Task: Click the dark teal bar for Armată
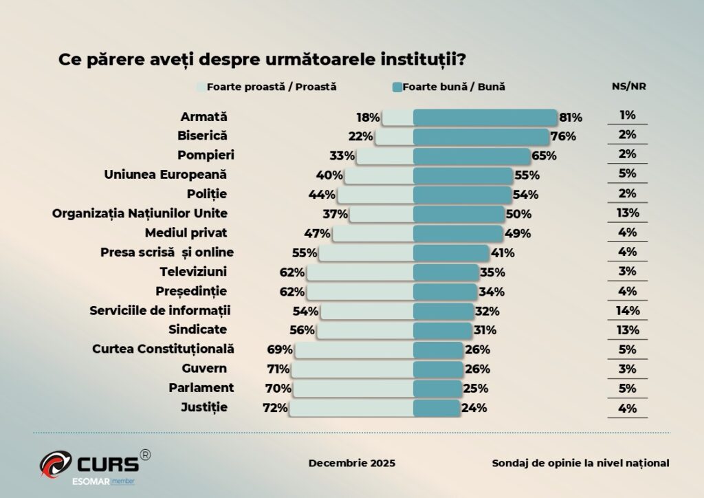coord(485,118)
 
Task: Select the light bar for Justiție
coord(351,408)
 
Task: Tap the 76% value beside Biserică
coord(563,136)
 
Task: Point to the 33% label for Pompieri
coord(342,155)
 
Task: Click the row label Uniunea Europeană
coord(165,174)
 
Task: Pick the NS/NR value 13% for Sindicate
coord(627,329)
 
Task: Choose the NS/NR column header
coord(628,87)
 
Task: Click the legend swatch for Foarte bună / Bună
coord(397,87)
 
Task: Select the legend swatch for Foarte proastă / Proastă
coord(201,87)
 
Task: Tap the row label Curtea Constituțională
coord(164,349)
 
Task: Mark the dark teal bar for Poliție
coord(462,195)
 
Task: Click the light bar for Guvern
coord(353,369)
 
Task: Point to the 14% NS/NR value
coord(627,310)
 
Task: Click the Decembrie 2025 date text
coord(352,463)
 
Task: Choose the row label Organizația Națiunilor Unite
coord(140,213)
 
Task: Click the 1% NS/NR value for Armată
coord(627,116)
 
